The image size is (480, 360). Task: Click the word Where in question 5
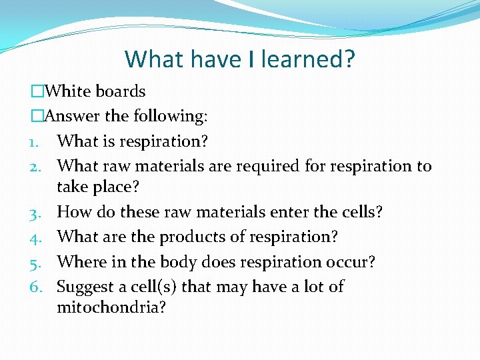pos(77,262)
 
